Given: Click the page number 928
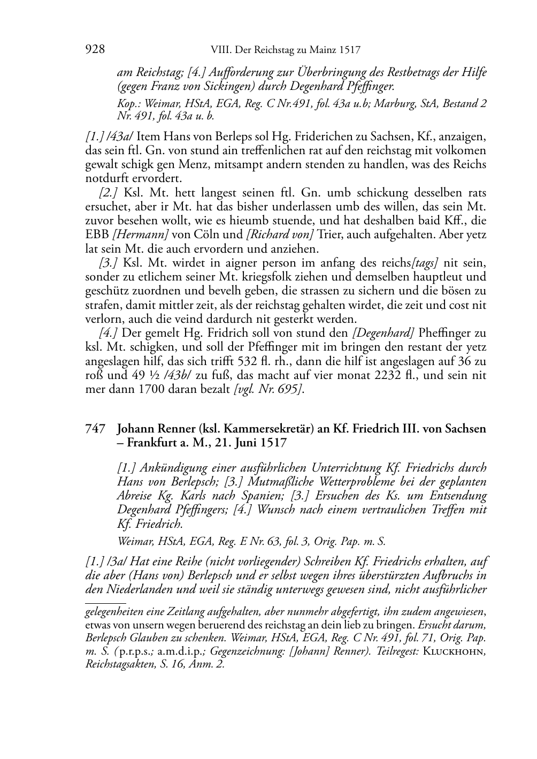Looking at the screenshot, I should click(x=95, y=50).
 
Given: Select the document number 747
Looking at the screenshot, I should click(x=95, y=429).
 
